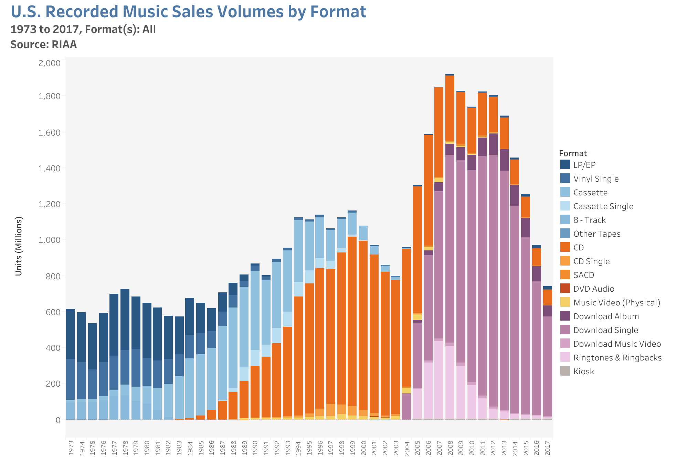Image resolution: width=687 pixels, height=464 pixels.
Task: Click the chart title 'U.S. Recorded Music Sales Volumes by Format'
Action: click(x=188, y=12)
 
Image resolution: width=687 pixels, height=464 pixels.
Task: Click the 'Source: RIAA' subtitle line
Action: click(x=44, y=45)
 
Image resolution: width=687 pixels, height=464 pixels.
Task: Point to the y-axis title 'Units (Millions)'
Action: click(x=19, y=246)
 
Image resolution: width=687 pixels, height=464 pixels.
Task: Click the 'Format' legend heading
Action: click(x=573, y=153)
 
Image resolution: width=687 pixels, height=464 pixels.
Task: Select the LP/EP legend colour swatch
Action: click(x=565, y=165)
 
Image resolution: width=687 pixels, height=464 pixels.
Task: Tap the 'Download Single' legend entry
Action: click(x=605, y=330)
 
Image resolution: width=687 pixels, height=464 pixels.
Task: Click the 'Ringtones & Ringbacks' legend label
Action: click(x=617, y=358)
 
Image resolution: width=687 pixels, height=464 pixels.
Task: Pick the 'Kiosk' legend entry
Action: click(x=583, y=371)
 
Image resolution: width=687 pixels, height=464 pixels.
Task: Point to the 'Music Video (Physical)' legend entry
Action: click(x=616, y=303)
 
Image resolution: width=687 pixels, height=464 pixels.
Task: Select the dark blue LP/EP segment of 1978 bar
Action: click(x=125, y=320)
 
